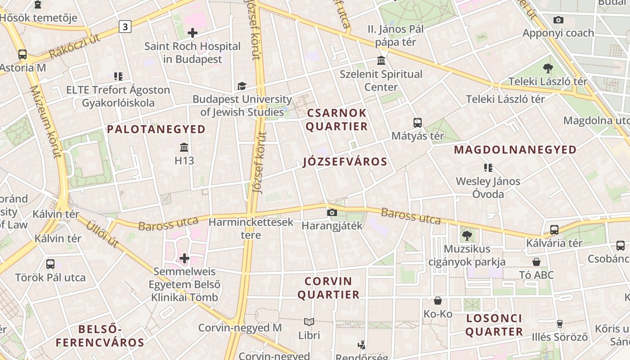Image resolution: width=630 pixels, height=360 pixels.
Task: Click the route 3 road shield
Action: (x=125, y=27)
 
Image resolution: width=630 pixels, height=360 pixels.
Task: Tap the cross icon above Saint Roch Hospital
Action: (x=193, y=33)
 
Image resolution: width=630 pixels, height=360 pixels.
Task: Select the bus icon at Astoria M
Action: (x=22, y=54)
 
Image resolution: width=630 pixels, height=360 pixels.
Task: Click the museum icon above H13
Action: (x=184, y=147)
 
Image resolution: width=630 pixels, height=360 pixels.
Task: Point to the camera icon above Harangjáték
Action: (x=332, y=212)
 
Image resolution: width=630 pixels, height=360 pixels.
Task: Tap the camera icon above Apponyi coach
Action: (x=558, y=20)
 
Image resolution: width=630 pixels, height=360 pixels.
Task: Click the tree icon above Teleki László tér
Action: (x=548, y=68)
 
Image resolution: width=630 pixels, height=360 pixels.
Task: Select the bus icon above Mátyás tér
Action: (x=418, y=122)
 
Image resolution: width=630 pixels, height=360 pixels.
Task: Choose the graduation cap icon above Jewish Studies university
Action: (x=242, y=86)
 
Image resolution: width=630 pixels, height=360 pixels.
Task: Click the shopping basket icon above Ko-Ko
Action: (x=438, y=301)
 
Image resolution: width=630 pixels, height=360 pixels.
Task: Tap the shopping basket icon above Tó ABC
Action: (x=536, y=262)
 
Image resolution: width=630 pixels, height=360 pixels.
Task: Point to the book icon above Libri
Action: (x=309, y=322)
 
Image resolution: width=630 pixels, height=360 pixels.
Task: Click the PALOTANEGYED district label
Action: (x=156, y=130)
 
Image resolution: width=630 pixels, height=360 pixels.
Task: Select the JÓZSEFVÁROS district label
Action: (x=345, y=162)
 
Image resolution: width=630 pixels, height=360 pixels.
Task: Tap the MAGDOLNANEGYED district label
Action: (x=515, y=150)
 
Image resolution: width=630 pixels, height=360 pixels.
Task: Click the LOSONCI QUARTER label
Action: (x=494, y=325)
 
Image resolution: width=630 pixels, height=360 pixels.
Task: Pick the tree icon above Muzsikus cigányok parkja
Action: (x=467, y=235)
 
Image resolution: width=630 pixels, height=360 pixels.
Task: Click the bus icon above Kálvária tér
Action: (x=554, y=230)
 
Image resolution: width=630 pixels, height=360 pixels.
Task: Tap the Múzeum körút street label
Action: (x=45, y=121)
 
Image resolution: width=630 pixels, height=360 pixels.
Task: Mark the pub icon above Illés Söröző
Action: (x=560, y=324)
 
